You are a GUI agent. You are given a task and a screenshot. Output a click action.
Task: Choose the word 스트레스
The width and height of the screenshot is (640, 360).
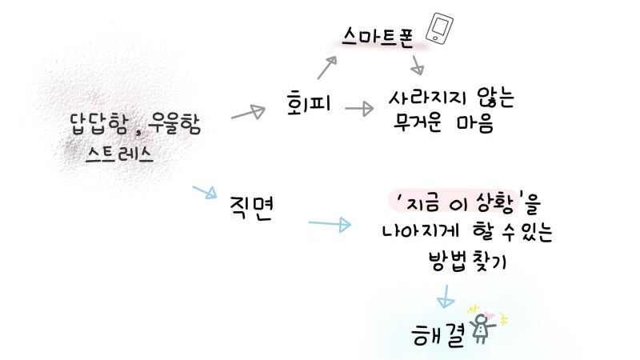coord(120,154)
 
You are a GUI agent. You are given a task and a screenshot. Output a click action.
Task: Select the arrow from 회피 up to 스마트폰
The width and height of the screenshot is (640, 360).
coord(326,68)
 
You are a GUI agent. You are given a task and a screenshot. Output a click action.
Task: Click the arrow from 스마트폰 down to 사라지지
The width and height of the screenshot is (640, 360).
coord(416,64)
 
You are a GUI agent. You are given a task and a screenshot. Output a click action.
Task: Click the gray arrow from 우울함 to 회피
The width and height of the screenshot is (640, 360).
coord(248,113)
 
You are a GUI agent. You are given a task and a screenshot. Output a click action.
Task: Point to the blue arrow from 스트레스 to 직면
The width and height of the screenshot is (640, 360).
coord(205,193)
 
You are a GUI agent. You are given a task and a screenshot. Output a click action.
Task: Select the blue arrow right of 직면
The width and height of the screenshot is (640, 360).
coord(330,224)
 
